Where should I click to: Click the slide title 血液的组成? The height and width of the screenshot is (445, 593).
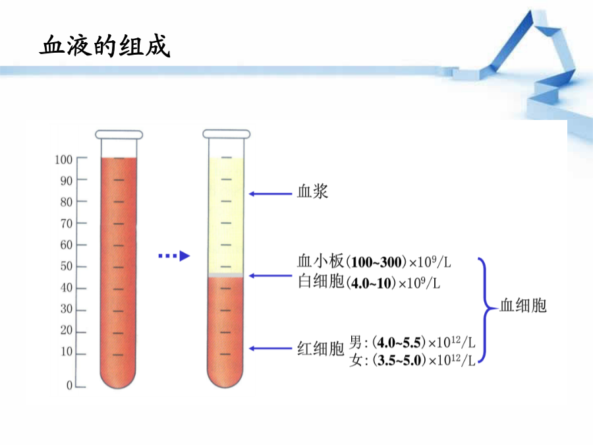(105, 45)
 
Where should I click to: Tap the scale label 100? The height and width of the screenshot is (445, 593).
(63, 160)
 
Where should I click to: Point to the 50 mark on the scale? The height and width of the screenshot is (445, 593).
(66, 266)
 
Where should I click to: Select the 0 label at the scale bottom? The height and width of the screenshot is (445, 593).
(69, 385)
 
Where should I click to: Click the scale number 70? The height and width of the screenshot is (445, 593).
(66, 223)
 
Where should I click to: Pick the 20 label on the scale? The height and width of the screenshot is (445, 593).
(66, 330)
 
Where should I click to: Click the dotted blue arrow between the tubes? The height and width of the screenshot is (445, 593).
(174, 256)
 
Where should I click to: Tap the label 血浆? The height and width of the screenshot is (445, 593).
(312, 191)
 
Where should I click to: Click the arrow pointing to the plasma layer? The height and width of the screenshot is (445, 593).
(270, 194)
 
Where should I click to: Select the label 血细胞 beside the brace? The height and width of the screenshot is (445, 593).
(523, 305)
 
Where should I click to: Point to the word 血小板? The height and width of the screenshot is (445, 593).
(321, 261)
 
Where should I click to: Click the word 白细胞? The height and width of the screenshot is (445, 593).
(321, 282)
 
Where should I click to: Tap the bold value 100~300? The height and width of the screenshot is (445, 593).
(376, 262)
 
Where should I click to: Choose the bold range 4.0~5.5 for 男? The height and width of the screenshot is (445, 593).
(399, 343)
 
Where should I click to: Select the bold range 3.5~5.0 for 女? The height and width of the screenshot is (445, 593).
(399, 360)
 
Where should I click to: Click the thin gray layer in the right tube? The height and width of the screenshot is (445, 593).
(225, 275)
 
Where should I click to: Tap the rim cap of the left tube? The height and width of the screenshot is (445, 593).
(119, 134)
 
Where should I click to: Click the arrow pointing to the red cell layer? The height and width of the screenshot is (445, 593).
(270, 349)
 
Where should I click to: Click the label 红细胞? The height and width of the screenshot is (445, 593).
(321, 349)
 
